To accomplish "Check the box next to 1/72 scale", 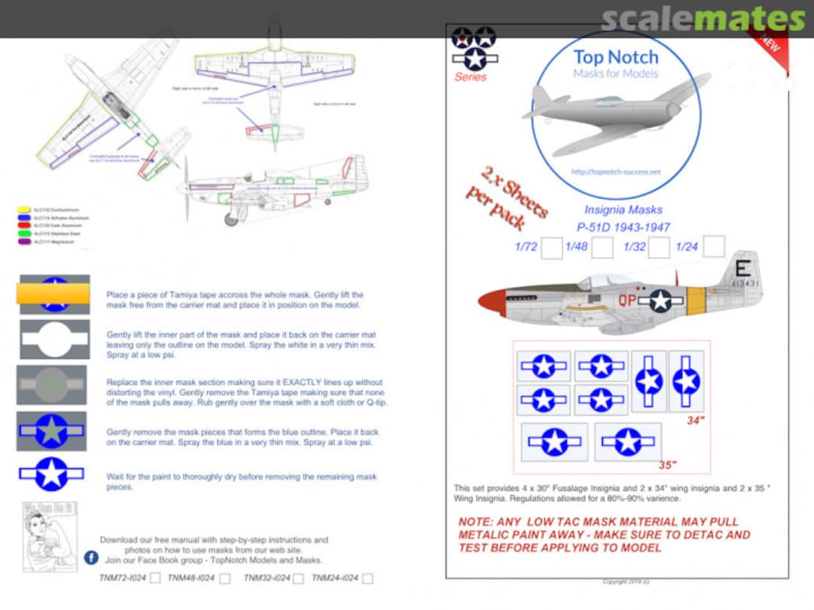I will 552,247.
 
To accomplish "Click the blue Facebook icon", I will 91,558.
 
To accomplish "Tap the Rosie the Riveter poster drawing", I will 50,537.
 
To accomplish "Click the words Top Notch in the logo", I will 615,56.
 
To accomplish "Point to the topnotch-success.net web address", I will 615,172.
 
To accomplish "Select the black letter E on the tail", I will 742,269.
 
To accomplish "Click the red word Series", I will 470,77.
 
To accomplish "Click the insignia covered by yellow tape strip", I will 54,294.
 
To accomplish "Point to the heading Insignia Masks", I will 617,212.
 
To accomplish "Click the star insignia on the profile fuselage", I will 660,300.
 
